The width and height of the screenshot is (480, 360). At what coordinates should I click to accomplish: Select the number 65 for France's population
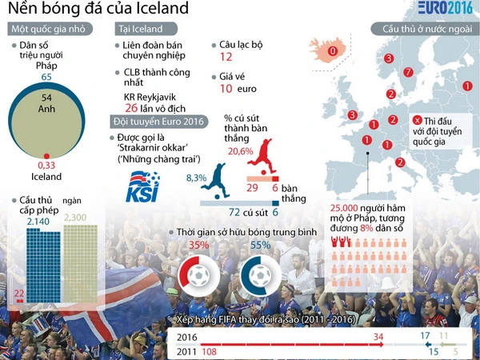click(x=46, y=77)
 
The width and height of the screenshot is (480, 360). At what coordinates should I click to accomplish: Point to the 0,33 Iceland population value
click(x=47, y=164)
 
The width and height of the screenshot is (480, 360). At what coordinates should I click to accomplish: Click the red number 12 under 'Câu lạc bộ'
click(x=226, y=58)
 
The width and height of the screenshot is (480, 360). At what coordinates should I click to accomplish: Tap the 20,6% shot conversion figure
click(x=241, y=150)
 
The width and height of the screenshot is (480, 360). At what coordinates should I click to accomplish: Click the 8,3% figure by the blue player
click(x=196, y=177)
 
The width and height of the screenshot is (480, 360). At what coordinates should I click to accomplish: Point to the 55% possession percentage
click(x=261, y=246)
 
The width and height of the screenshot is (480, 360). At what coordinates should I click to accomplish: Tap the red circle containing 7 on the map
click(x=407, y=73)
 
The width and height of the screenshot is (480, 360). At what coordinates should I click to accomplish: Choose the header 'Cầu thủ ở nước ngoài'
click(x=424, y=29)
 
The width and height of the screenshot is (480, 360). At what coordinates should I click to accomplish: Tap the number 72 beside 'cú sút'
click(x=235, y=213)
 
